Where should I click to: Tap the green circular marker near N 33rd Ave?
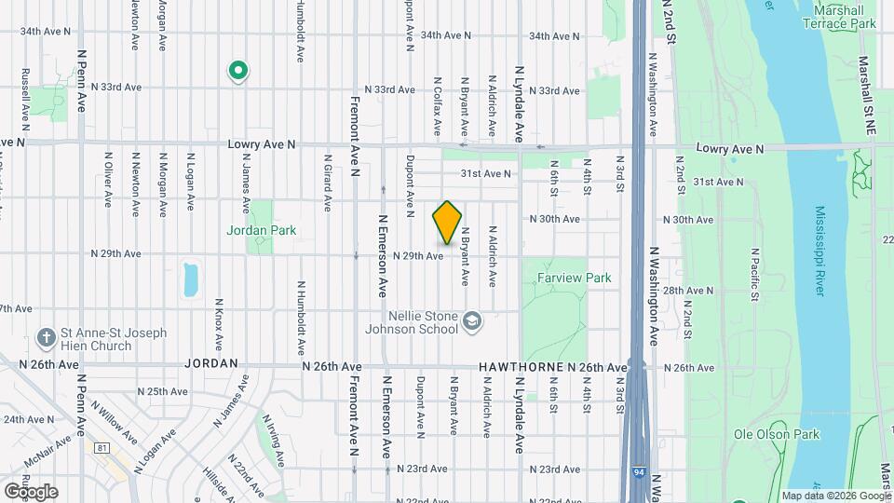tap(237, 70)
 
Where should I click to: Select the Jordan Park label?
tap(261, 230)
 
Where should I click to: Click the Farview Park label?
tap(574, 278)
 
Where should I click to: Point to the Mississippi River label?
tap(819, 251)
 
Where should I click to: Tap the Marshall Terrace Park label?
tap(845, 17)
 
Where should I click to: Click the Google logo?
tap(30, 491)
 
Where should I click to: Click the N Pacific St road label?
tap(755, 275)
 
